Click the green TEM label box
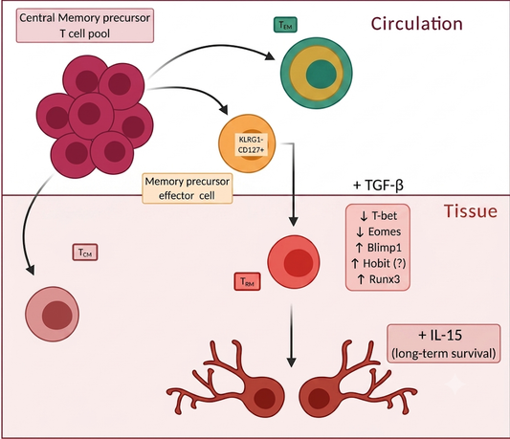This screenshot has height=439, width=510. point(285,25)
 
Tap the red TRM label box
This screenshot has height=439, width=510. point(247,281)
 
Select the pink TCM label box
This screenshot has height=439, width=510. point(85,252)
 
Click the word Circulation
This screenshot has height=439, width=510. point(416,24)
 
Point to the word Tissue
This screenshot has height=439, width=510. point(471,211)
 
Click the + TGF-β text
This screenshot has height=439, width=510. point(378,185)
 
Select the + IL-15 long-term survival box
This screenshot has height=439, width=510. point(444,343)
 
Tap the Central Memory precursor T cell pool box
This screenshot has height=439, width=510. point(85,26)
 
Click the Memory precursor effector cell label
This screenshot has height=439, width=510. point(188,188)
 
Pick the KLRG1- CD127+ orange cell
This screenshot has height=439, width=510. point(247,143)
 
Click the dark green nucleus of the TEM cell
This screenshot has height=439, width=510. point(322,74)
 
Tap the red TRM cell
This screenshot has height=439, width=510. point(294,262)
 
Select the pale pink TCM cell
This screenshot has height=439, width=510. point(52,314)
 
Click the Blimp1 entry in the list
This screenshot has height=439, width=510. point(379,248)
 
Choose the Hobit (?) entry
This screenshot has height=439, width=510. point(379,263)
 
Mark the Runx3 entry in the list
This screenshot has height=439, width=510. point(379,279)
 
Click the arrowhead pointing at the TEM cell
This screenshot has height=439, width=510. point(270,55)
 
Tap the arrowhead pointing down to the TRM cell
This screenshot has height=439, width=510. point(294,221)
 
